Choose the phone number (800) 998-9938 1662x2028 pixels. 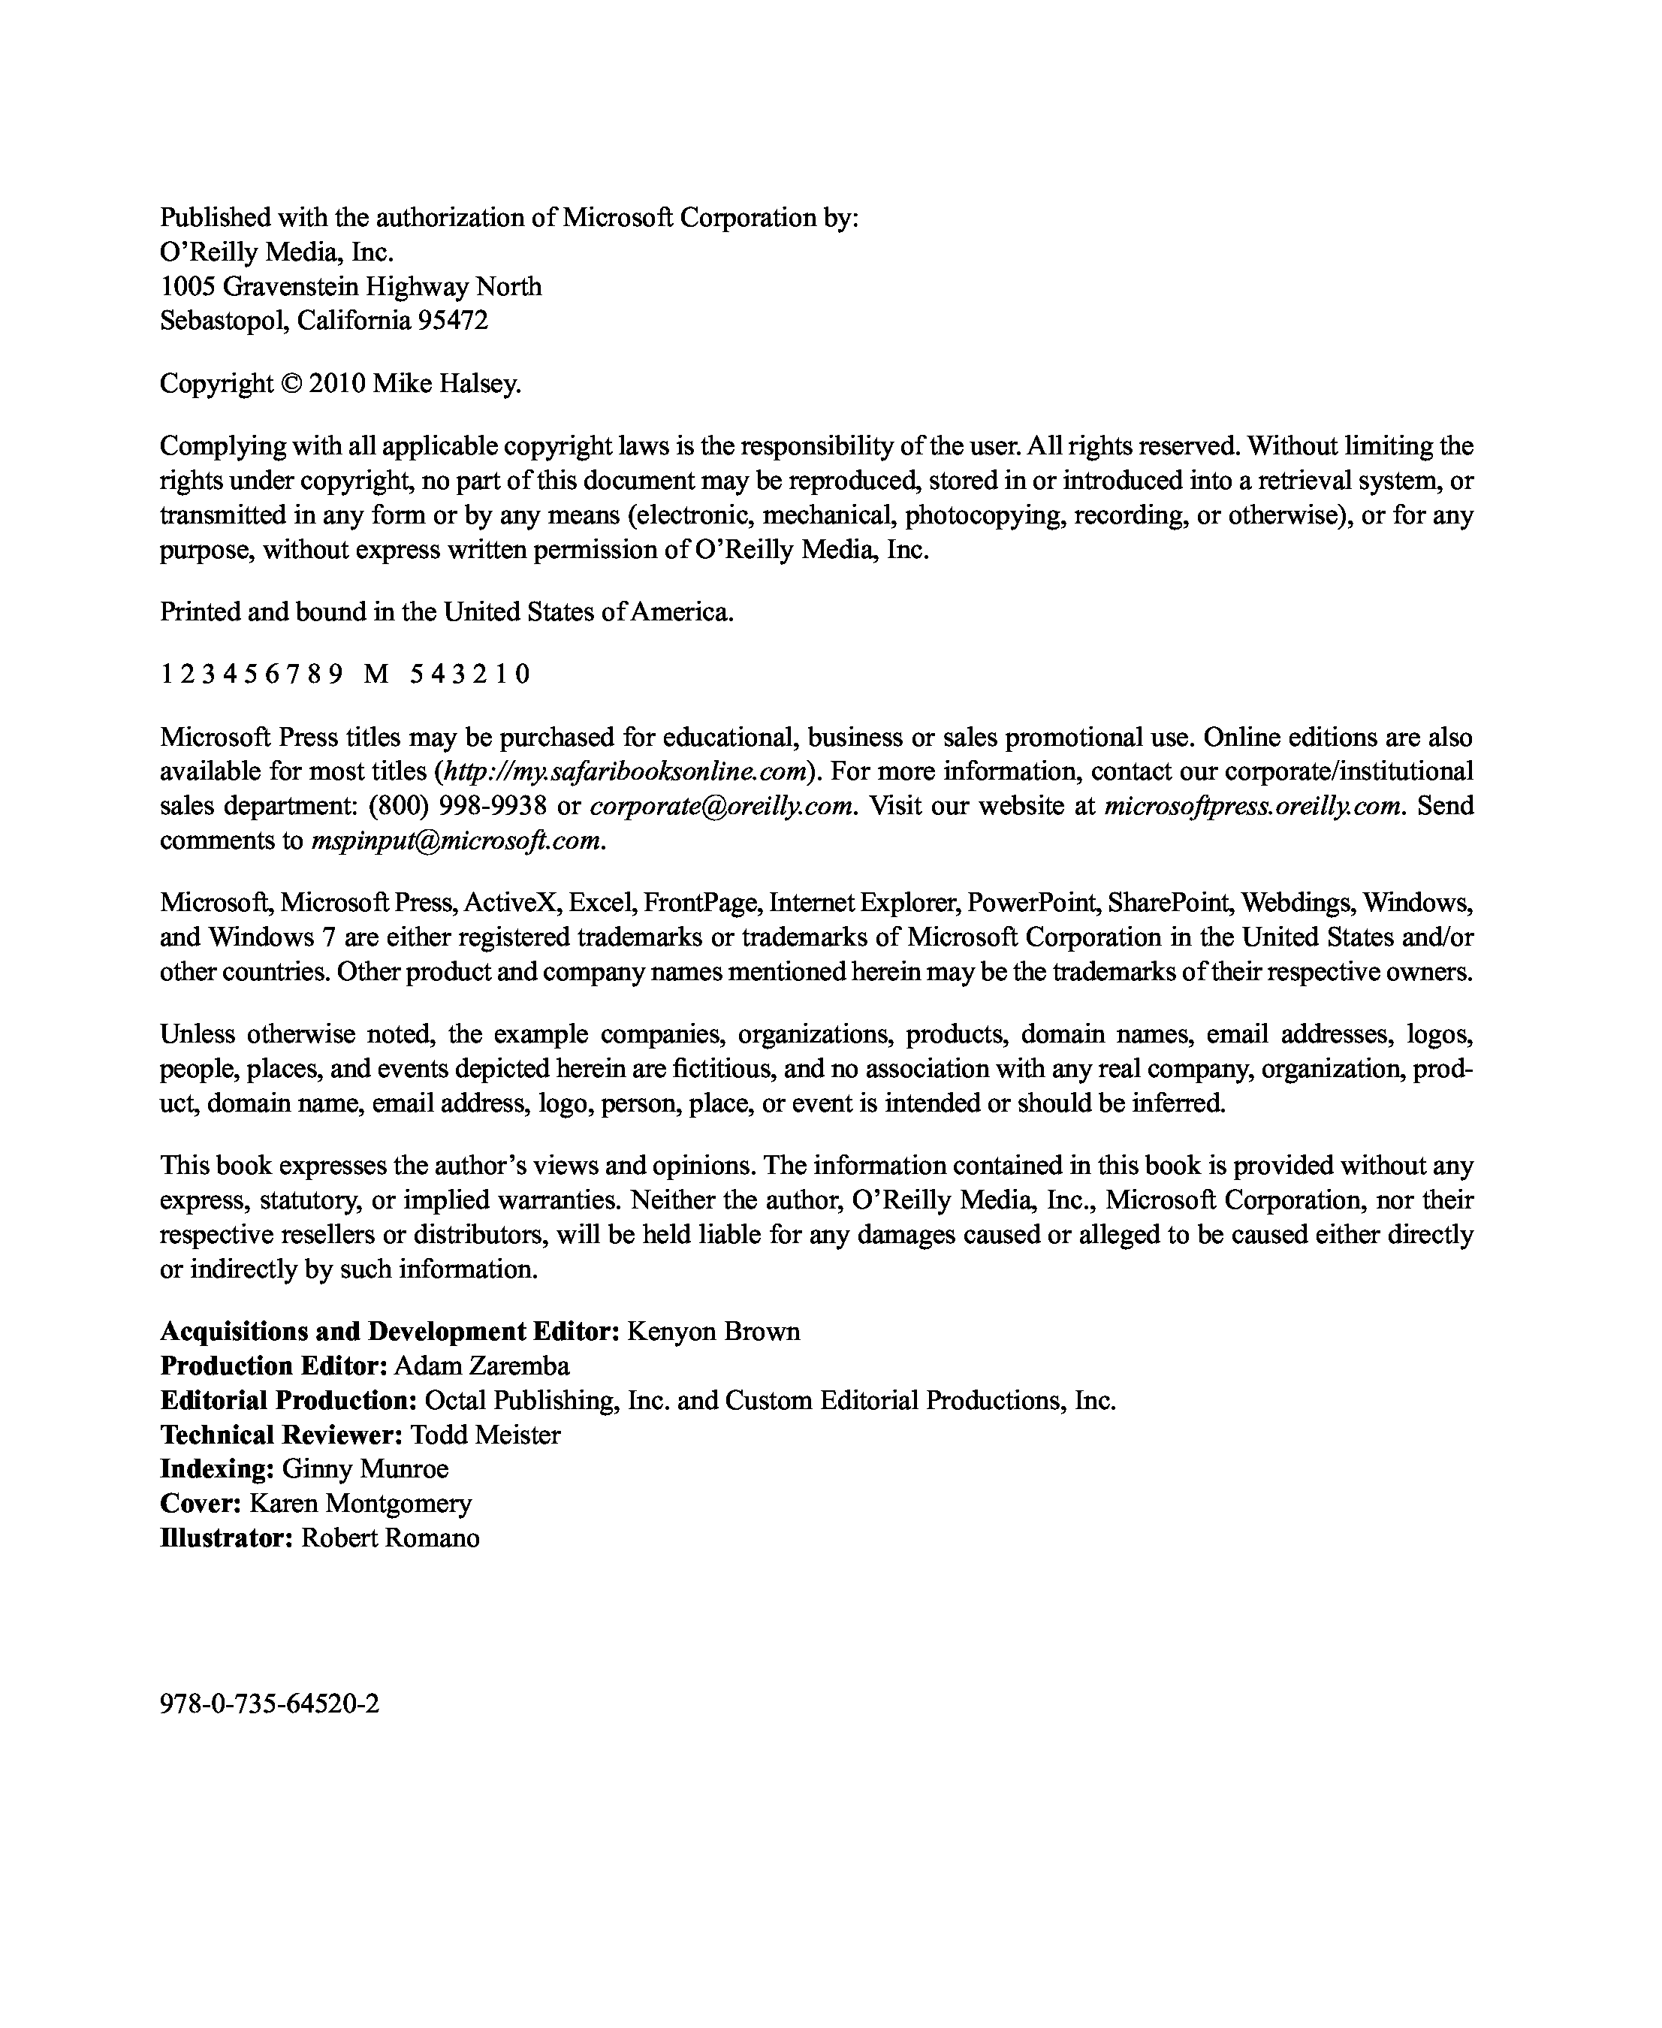tap(457, 805)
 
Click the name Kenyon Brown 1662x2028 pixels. tap(713, 1331)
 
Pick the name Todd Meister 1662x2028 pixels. tap(485, 1435)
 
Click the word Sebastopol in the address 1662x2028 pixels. tap(224, 320)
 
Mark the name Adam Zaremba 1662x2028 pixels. tap(481, 1366)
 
